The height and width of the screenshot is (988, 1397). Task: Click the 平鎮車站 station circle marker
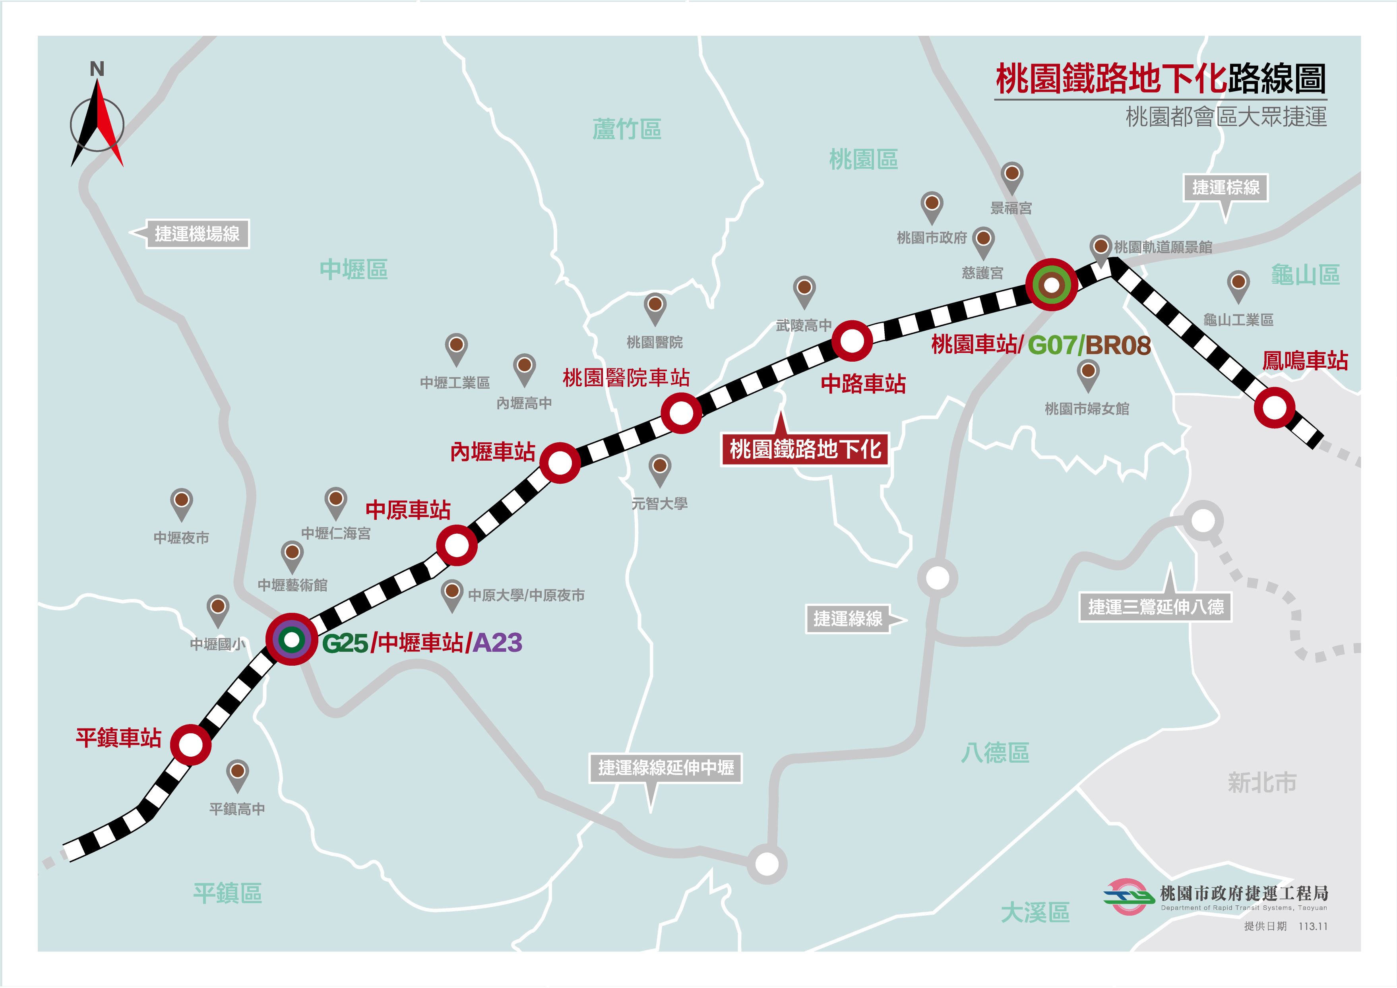(190, 744)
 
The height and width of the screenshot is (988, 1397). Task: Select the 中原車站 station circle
(456, 545)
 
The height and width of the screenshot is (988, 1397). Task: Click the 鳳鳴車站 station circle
(1274, 408)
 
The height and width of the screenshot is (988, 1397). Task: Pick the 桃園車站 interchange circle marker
(1051, 285)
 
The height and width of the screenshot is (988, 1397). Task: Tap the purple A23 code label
(497, 643)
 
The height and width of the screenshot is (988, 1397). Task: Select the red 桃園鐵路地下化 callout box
(804, 449)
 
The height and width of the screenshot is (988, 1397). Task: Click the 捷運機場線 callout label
(197, 234)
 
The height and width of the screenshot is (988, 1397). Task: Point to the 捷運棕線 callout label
(1225, 187)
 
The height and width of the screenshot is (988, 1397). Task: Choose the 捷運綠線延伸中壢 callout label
(666, 768)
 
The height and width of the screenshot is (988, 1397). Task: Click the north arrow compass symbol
(97, 122)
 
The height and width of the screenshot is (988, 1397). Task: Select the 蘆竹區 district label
(627, 130)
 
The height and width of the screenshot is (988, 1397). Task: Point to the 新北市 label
(1262, 783)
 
